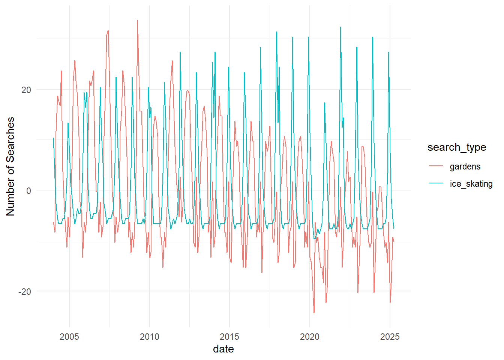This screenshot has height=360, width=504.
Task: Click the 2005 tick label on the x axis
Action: (x=69, y=336)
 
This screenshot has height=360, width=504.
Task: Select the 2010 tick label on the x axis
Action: (x=149, y=336)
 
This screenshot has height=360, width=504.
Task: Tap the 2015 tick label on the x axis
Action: (x=229, y=336)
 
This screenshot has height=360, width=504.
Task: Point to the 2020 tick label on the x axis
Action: (x=309, y=336)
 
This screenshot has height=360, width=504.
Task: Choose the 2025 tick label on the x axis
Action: (x=390, y=336)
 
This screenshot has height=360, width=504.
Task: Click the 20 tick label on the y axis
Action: (x=26, y=90)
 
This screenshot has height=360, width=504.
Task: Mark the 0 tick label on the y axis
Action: (x=28, y=190)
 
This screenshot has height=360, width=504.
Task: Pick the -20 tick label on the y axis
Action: (x=25, y=291)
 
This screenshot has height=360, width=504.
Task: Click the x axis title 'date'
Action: (x=223, y=349)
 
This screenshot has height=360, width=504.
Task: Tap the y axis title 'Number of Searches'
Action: (x=10, y=166)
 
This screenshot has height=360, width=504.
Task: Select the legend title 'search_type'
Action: (x=457, y=147)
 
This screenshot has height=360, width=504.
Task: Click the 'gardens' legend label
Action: (x=465, y=166)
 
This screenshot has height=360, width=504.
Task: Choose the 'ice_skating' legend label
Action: (x=471, y=184)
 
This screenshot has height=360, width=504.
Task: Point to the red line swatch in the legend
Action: (x=436, y=166)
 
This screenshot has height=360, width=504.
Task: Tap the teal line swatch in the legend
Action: (x=436, y=183)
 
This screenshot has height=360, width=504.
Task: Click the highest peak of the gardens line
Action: (x=137, y=20)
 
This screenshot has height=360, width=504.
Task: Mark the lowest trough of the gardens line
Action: (x=314, y=313)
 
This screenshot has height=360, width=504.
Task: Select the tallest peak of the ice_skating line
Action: (x=340, y=27)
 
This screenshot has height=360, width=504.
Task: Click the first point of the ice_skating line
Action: (x=53, y=138)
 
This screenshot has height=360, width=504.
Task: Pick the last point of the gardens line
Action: (x=394, y=242)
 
